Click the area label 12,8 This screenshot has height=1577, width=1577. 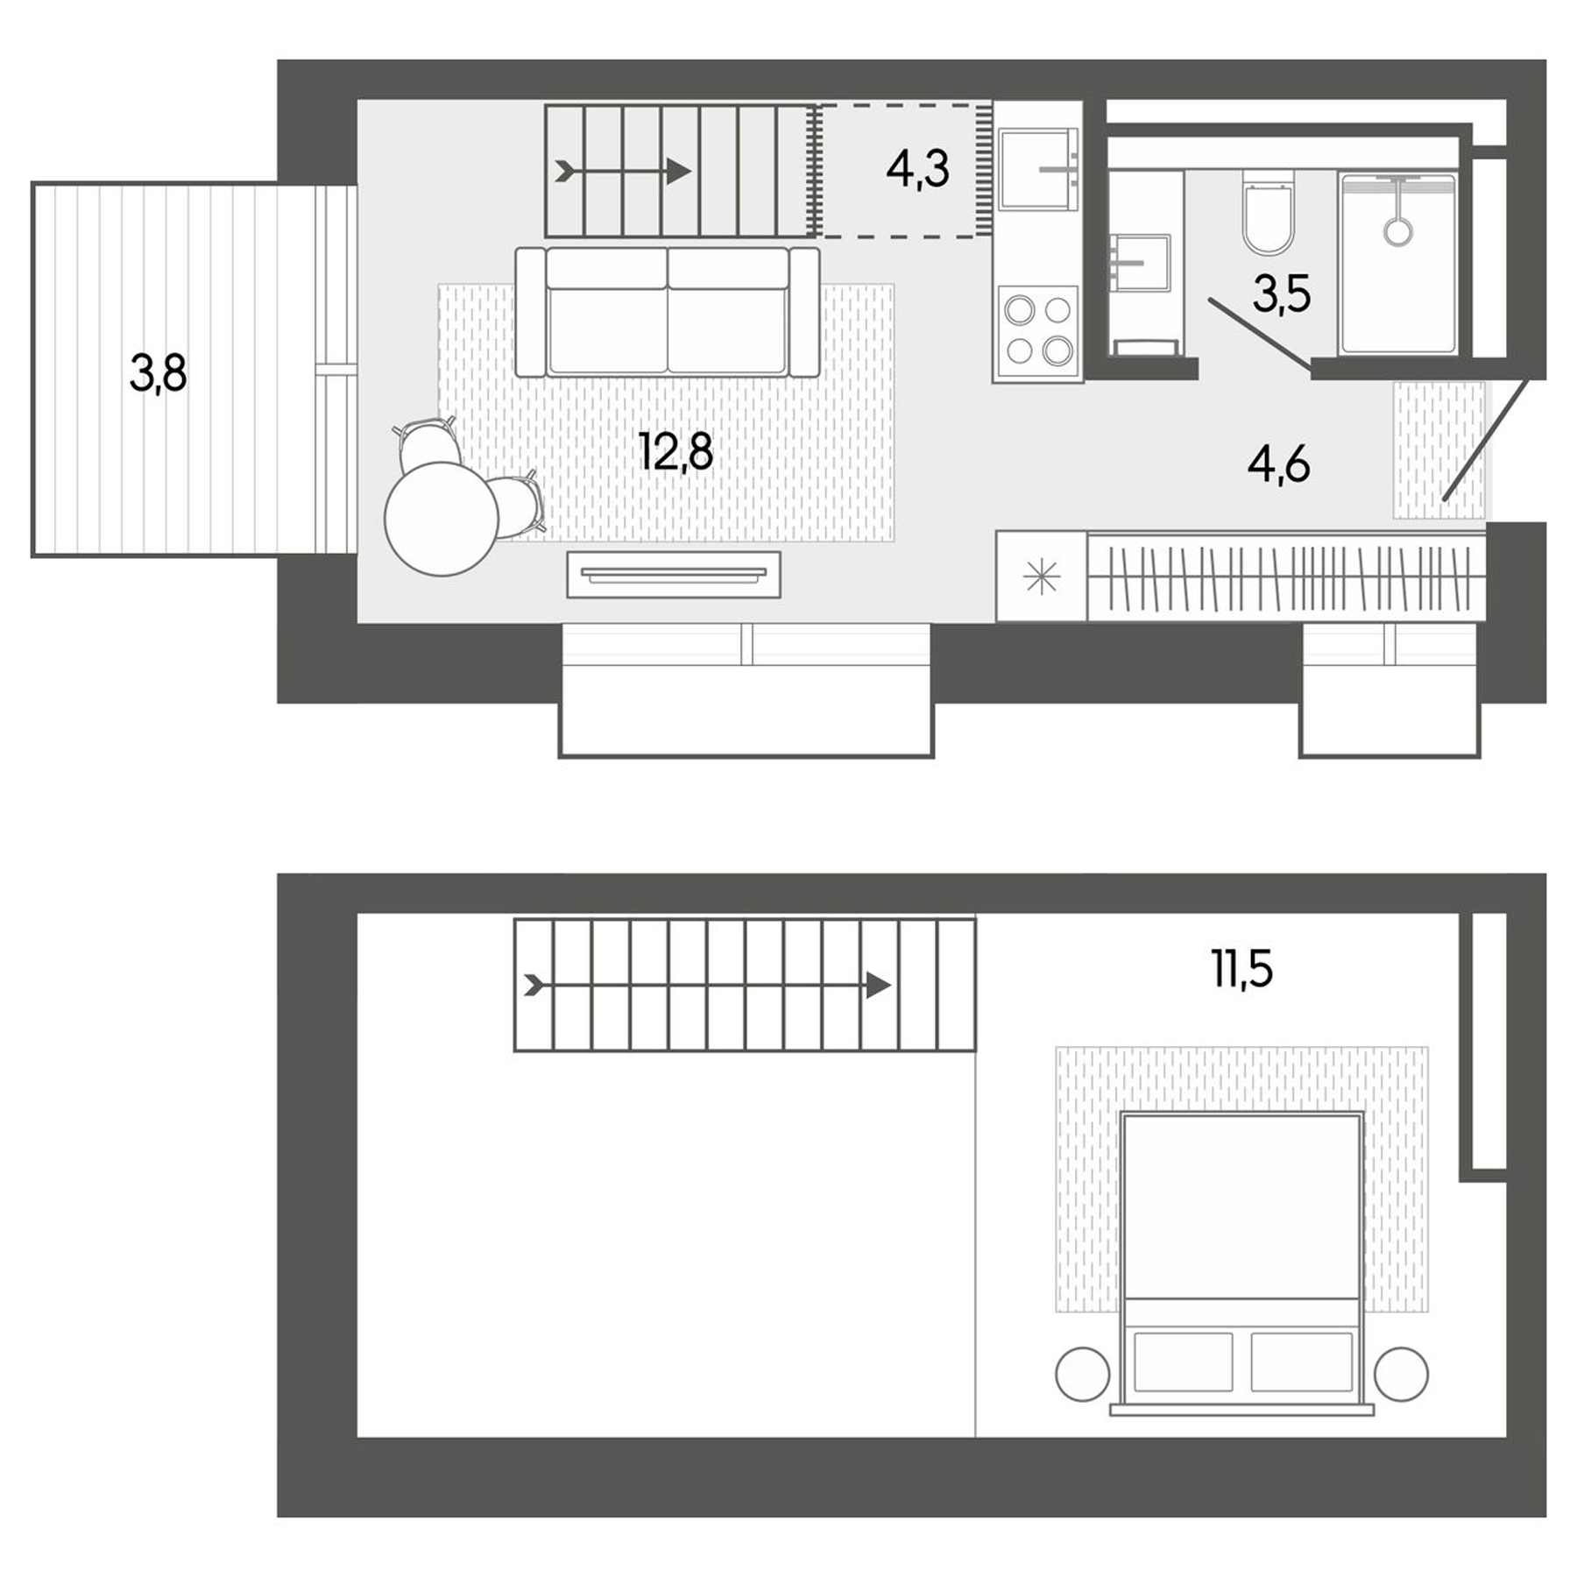[675, 453]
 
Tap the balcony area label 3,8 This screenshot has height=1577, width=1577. [159, 373]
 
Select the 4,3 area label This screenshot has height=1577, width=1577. [917, 169]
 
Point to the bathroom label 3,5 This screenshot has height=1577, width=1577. [1281, 294]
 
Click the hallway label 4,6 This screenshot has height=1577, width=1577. [1278, 464]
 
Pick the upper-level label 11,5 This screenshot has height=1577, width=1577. [1242, 969]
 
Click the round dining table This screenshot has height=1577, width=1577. [442, 519]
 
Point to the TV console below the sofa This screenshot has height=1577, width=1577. [673, 574]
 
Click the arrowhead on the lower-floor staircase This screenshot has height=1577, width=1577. [678, 172]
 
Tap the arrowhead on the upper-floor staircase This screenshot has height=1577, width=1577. [878, 985]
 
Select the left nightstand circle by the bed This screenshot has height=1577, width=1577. [1083, 1374]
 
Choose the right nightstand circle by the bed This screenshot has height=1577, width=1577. [1401, 1374]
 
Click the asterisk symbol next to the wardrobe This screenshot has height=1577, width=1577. [1041, 577]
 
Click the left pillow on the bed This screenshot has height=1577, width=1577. [1183, 1361]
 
